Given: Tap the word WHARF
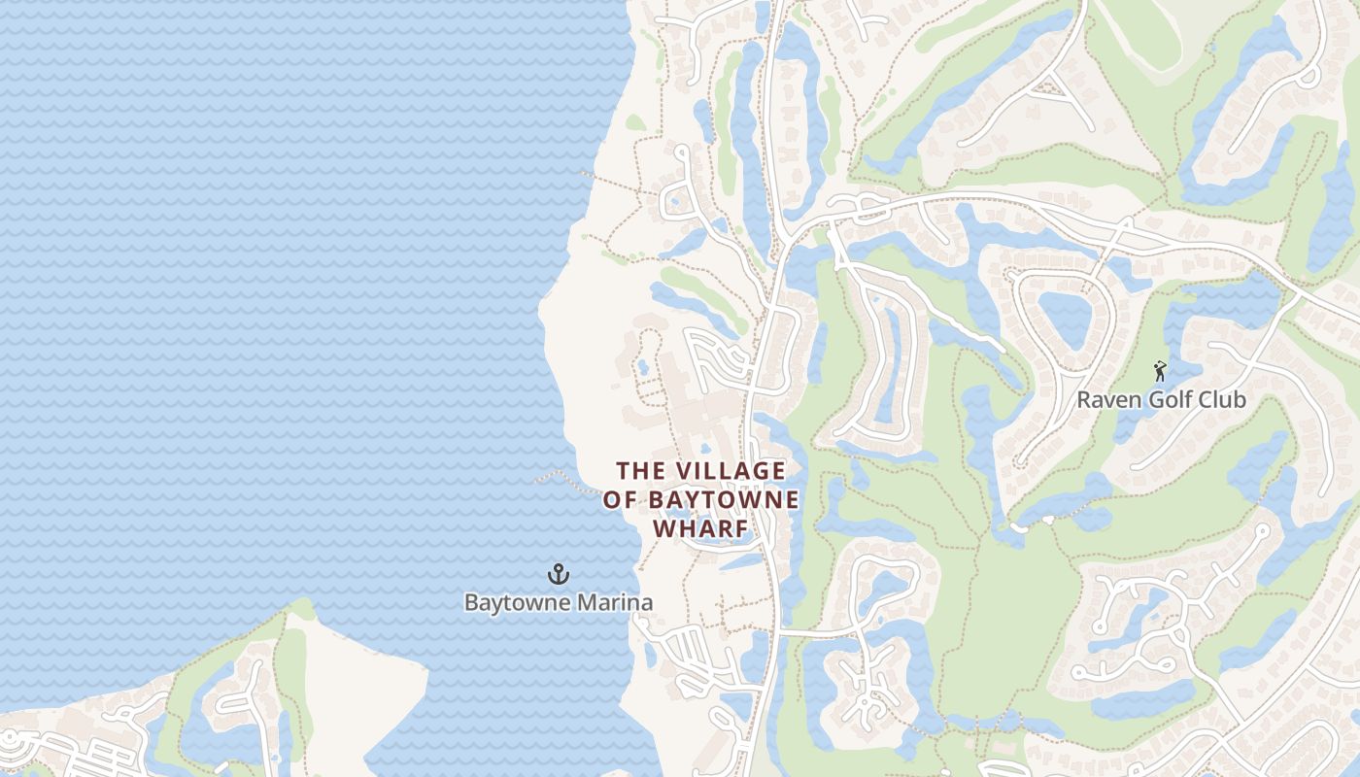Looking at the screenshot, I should click(x=700, y=529).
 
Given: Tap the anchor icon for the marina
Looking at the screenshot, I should click(x=558, y=575).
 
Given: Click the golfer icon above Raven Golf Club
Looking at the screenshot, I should click(x=1159, y=371).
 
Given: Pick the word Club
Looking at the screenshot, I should click(x=1222, y=400).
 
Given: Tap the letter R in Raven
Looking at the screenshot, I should click(x=1085, y=400).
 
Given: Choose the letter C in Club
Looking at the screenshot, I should click(x=1205, y=400).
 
